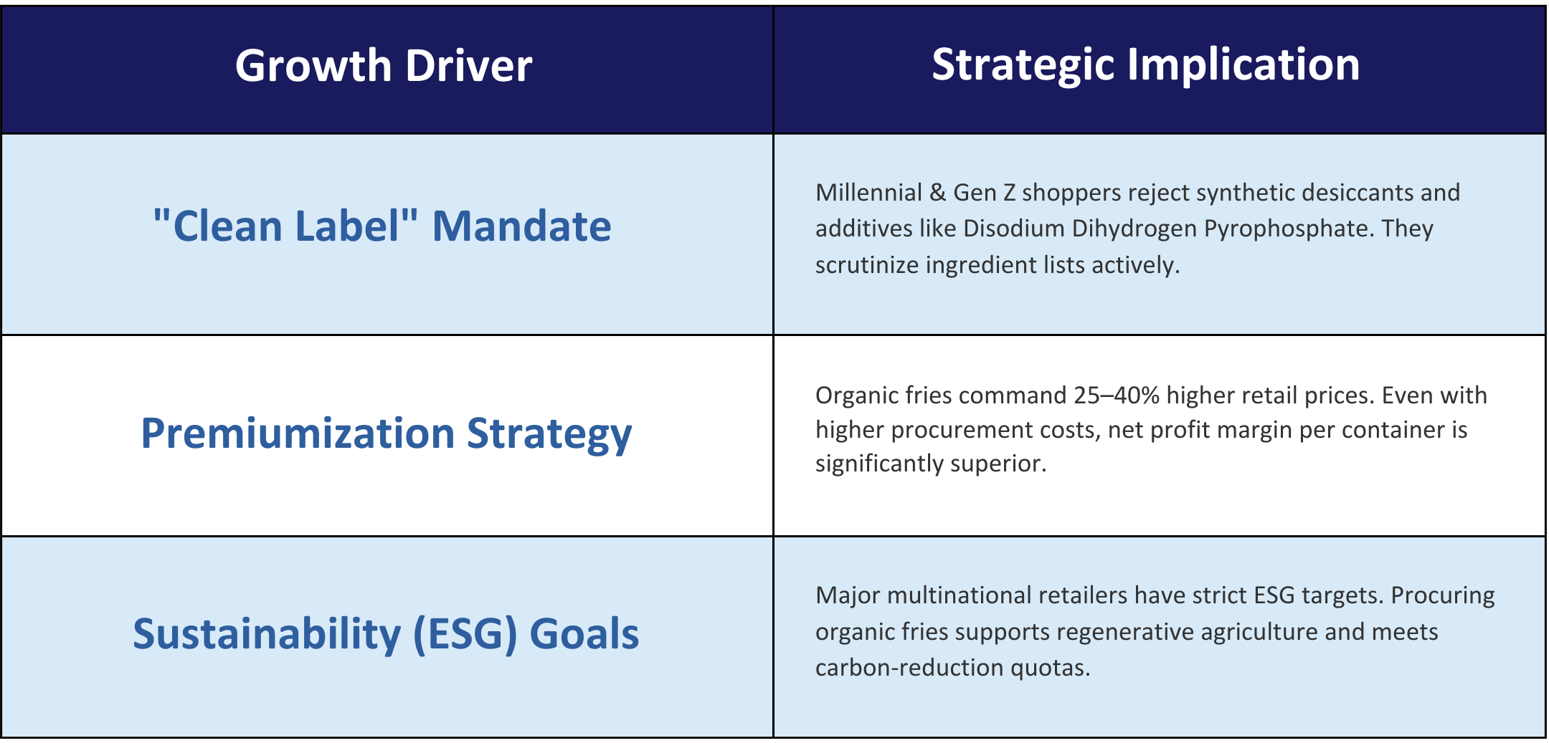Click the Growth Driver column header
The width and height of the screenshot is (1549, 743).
tap(384, 66)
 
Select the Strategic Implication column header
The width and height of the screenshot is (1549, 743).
tap(1145, 66)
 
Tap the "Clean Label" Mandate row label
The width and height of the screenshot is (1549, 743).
tap(382, 226)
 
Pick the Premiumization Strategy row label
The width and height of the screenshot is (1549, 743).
tap(387, 434)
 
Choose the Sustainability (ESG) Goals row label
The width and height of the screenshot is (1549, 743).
tap(386, 635)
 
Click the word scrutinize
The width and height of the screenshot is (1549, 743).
tap(867, 265)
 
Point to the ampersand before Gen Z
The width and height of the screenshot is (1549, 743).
tap(938, 193)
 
